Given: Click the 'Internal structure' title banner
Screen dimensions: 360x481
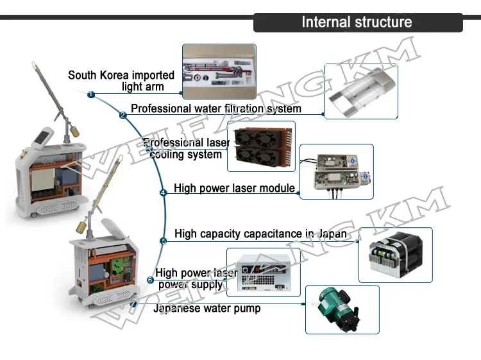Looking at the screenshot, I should click(357, 22).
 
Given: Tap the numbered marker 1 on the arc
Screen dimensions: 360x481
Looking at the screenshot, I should click(91, 95).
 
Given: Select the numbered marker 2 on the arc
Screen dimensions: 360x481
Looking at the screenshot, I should click(122, 116).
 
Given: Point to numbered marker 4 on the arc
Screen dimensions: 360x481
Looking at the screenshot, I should click(163, 192).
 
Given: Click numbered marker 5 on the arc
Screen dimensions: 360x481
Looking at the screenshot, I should click(164, 241).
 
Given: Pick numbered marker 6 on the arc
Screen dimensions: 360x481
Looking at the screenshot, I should click(150, 280).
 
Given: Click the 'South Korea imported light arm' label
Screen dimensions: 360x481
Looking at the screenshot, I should click(121, 81).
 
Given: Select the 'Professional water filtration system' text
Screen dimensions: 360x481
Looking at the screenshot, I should click(216, 108).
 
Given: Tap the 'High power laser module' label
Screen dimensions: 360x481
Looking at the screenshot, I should click(234, 189).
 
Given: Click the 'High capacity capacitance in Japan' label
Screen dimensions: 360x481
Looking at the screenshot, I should click(260, 234).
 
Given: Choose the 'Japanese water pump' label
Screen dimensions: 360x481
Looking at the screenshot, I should click(207, 309).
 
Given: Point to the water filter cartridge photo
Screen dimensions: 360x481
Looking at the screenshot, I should click(360, 91).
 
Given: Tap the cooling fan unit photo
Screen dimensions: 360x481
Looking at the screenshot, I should click(261, 146).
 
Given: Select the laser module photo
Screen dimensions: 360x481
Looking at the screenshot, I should click(336, 171).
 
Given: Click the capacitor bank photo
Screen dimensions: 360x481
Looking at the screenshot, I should click(395, 255).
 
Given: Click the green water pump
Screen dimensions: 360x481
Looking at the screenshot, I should click(341, 309).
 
